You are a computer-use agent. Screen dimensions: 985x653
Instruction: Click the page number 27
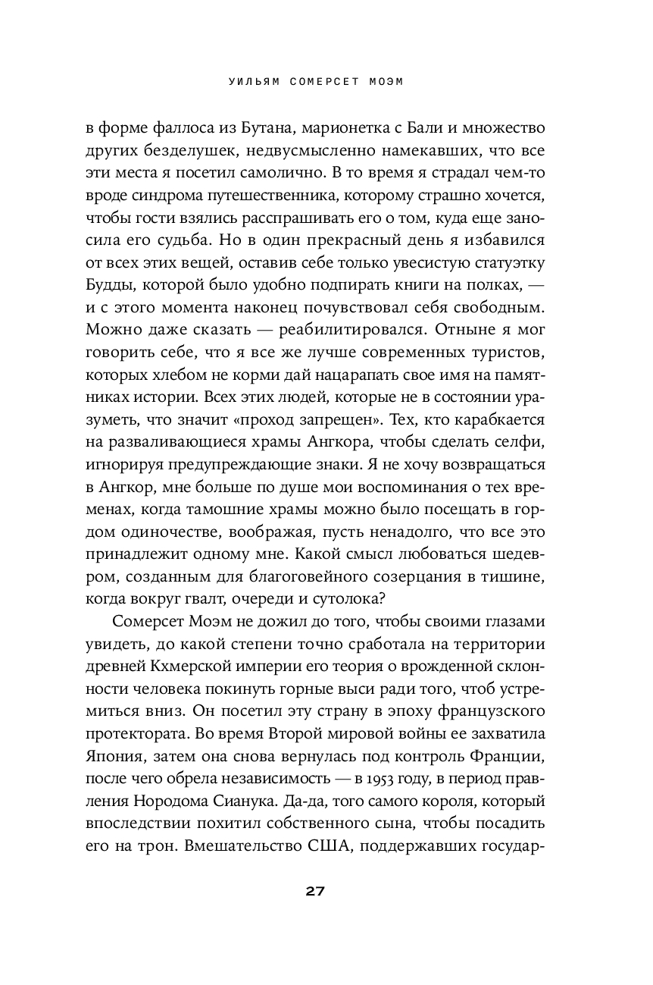[x=316, y=891]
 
